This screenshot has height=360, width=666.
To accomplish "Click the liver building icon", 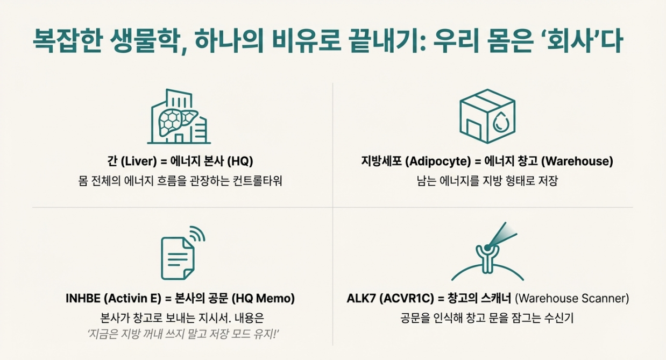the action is [179, 117].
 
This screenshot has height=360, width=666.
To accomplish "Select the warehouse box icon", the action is [487, 116].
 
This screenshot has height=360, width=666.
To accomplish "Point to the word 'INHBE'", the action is [82, 299].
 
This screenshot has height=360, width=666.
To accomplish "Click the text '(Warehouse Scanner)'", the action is [572, 299].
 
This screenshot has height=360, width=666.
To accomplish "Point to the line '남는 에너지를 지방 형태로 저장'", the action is [487, 181].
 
